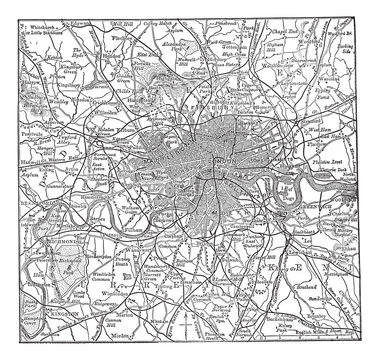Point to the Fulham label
127,203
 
